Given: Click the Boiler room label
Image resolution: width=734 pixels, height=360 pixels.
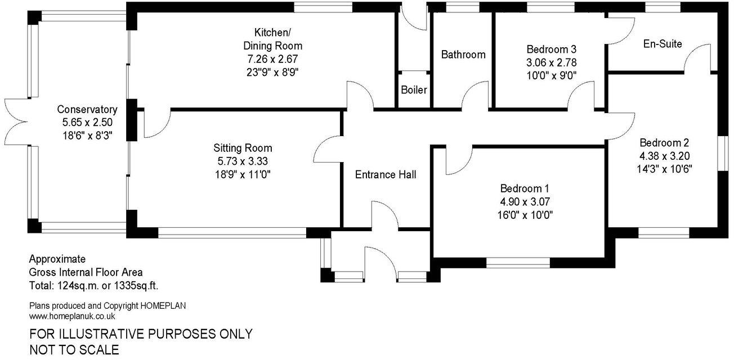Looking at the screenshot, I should (414, 90).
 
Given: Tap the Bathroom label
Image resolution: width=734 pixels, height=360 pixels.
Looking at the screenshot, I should (463, 55).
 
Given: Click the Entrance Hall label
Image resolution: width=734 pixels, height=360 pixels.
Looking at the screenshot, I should (386, 175).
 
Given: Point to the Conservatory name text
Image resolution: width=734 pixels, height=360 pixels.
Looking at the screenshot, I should (87, 110).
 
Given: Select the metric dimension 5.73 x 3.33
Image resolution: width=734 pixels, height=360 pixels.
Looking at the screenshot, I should (243, 161).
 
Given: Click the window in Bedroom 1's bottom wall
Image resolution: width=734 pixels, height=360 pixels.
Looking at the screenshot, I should (518, 262).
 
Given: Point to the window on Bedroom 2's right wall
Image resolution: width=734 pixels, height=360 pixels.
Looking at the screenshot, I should (721, 152).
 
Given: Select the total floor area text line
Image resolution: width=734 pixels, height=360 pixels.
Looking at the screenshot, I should (97, 286).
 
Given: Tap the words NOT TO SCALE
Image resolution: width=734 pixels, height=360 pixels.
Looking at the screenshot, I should (74, 349).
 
